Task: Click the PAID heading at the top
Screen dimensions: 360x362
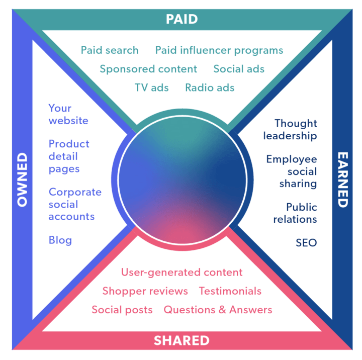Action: [x=182, y=20]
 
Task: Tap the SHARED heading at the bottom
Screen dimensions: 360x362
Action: [x=182, y=340]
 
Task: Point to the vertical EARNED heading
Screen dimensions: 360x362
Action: [x=342, y=180]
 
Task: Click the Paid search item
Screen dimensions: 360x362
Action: [x=110, y=50]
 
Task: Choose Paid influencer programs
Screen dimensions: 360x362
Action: [x=219, y=50]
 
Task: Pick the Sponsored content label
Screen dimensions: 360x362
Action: [x=148, y=69]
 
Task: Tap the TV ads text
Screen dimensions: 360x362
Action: [x=151, y=87]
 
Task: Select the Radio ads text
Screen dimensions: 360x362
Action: [x=210, y=87]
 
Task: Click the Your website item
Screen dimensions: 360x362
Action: [x=68, y=114]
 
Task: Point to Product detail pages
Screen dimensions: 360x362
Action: [x=69, y=156]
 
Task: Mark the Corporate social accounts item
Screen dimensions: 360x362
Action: [x=74, y=204]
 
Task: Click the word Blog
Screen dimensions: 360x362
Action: [x=60, y=240]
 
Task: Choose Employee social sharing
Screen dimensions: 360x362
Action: [x=292, y=171]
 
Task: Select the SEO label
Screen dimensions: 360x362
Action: [x=306, y=243]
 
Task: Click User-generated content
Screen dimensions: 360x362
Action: [x=182, y=273]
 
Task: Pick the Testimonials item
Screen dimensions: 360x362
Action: [x=230, y=291]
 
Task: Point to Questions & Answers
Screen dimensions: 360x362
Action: [x=218, y=310]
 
